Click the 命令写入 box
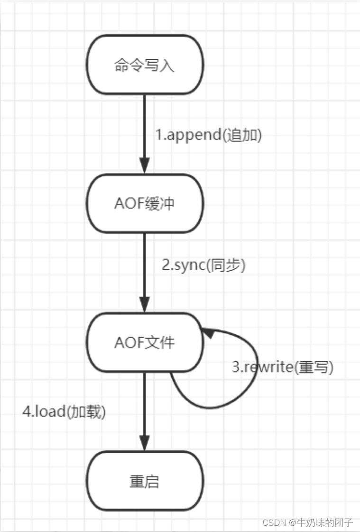(145, 64)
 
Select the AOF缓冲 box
(145, 203)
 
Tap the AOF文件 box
(145, 342)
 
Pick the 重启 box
(145, 481)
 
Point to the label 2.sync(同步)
(203, 265)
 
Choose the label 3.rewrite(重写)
(282, 367)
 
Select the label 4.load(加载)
(64, 411)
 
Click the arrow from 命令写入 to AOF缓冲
(145, 128)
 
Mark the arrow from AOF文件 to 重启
(145, 408)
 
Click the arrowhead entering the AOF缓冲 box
(145, 167)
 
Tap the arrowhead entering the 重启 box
(145, 445)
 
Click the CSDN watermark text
(307, 523)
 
